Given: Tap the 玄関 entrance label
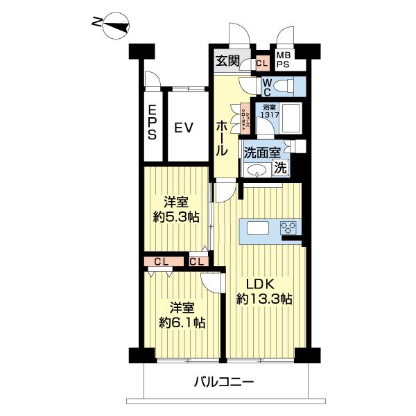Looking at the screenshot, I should (227, 60).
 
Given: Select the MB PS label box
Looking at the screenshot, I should (284, 60).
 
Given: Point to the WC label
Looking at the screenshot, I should (266, 87).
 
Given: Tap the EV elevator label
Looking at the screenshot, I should (183, 128).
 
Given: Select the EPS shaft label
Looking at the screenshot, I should (151, 123).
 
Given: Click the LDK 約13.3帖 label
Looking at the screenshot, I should (263, 291).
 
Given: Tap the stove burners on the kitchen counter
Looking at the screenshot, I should (288, 228).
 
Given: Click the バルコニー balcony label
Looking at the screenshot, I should (224, 381).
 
